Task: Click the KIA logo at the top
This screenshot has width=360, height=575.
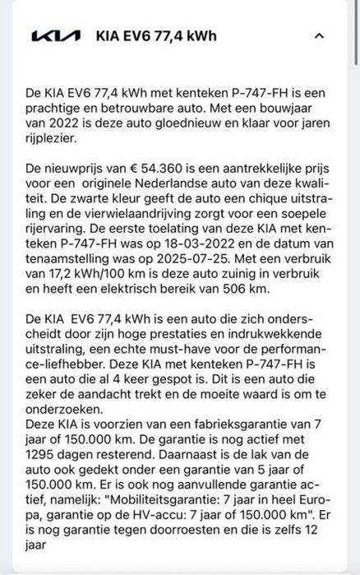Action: pos(56,35)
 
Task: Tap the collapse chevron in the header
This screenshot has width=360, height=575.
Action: pos(320,35)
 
